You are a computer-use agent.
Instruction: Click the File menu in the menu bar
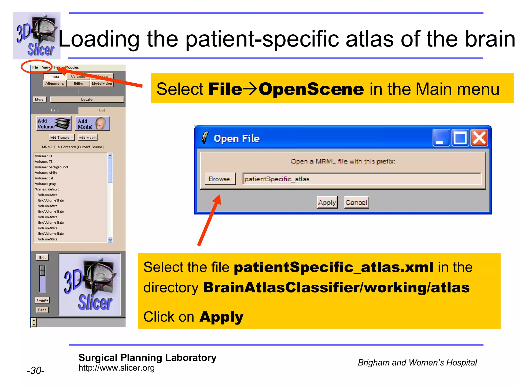[x=35, y=67]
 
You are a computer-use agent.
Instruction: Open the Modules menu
[x=72, y=67]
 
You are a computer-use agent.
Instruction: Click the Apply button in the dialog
[x=327, y=202]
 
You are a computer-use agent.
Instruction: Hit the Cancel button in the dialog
[x=356, y=202]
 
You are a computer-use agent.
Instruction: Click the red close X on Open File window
[x=479, y=138]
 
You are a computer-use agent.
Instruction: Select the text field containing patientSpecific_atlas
[x=361, y=179]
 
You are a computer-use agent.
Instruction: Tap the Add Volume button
[x=54, y=124]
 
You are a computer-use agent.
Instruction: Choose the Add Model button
[x=92, y=124]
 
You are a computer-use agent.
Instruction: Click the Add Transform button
[x=61, y=138]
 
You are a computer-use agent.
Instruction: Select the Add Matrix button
[x=88, y=138]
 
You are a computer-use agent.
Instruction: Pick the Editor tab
[x=78, y=84]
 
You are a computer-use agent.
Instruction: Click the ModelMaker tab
[x=102, y=84]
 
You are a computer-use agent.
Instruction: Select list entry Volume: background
[x=51, y=167]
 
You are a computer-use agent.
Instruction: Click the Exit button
[x=42, y=257]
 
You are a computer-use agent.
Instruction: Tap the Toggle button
[x=42, y=300]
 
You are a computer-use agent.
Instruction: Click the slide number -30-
[x=36, y=370]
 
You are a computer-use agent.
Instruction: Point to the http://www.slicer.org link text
[x=116, y=368]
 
